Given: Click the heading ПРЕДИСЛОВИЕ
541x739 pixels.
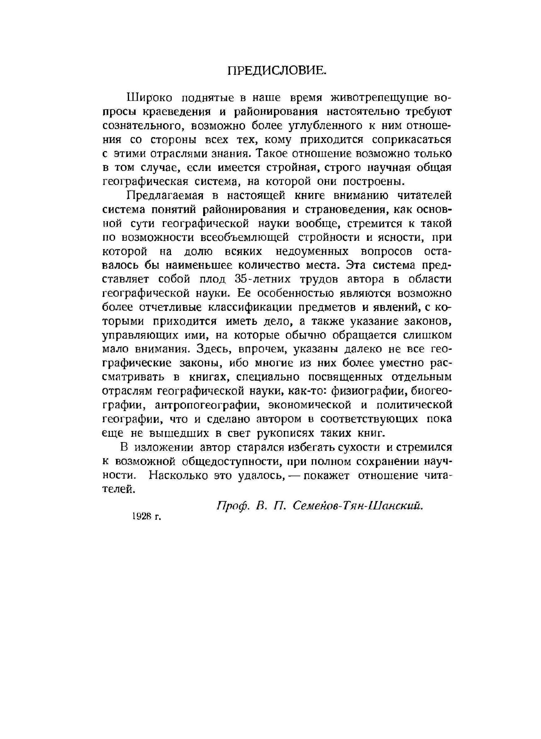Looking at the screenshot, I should point(277,70).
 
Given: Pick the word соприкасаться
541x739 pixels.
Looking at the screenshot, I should point(412,140).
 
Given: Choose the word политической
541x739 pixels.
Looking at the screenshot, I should point(414,405).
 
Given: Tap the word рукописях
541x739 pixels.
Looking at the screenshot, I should point(290,433).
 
